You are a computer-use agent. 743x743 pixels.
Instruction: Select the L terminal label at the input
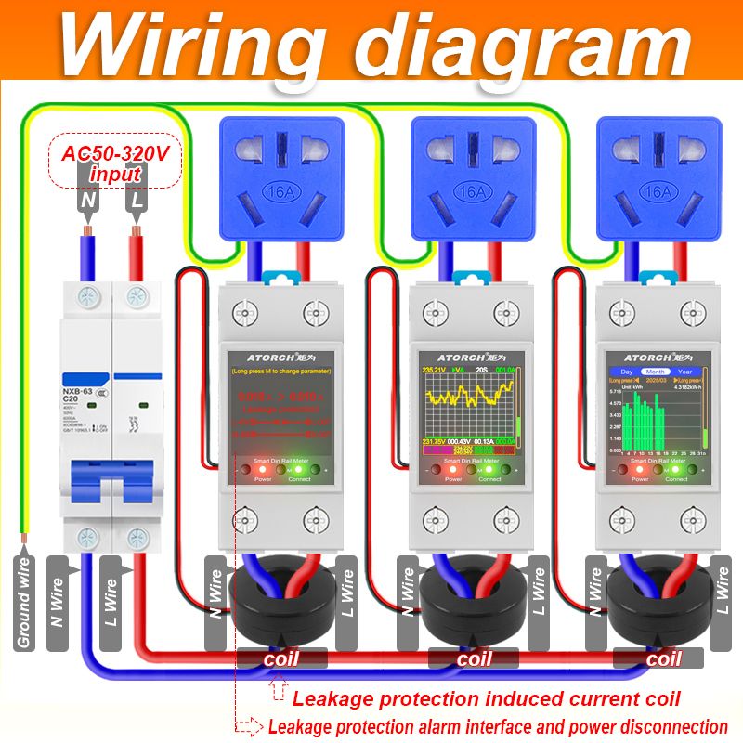136,199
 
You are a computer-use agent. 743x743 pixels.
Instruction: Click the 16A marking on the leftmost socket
281,191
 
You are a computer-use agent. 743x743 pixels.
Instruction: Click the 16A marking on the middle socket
474,191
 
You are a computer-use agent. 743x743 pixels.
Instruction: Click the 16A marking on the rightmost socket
658,191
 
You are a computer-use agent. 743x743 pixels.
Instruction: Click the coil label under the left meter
281,658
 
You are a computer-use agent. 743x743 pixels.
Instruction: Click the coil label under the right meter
663,658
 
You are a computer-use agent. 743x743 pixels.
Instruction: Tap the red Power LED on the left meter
262,469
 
